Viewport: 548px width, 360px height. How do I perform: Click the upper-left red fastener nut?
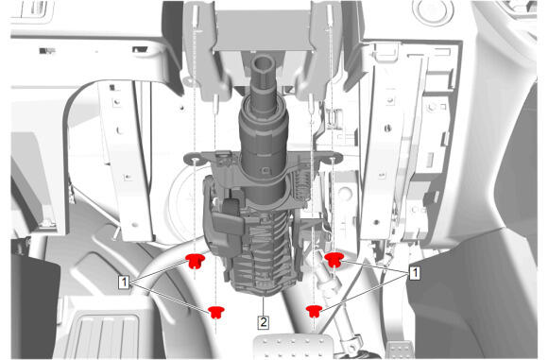(195, 261)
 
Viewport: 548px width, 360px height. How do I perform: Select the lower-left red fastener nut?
(216, 312)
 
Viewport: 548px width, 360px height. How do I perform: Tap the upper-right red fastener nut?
(334, 260)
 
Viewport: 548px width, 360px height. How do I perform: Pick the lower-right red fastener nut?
(315, 311)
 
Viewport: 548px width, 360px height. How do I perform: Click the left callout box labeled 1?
(124, 282)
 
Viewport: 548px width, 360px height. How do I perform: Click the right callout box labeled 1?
(415, 273)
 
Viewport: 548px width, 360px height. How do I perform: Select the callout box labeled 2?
(263, 322)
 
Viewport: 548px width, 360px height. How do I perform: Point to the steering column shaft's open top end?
(264, 63)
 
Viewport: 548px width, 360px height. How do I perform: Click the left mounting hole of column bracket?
(195, 160)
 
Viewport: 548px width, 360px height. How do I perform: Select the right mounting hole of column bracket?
(333, 160)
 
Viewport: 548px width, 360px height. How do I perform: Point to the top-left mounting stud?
(195, 17)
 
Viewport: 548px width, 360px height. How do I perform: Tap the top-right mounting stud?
(330, 16)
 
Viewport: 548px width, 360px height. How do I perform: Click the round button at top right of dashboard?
(433, 11)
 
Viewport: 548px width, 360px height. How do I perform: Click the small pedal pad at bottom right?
(399, 351)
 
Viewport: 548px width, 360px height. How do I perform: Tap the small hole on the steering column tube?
(265, 170)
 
